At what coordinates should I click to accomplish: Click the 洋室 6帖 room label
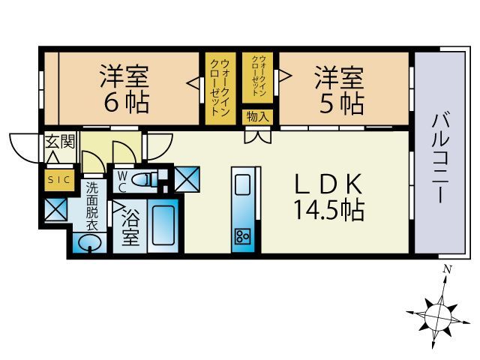pyautogui.click(x=124, y=88)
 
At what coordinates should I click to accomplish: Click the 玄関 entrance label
pyautogui.click(x=60, y=142)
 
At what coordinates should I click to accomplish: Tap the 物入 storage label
pyautogui.click(x=258, y=117)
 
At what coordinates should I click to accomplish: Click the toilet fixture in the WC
pyautogui.click(x=149, y=179)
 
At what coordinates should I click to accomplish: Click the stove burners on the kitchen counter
pyautogui.click(x=243, y=236)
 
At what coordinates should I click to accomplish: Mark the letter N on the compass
pyautogui.click(x=446, y=269)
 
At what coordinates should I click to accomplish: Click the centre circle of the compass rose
pyautogui.click(x=436, y=313)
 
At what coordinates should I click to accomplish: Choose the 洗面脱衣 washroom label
pyautogui.click(x=92, y=204)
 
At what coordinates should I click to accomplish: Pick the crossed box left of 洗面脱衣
pyautogui.click(x=56, y=209)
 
